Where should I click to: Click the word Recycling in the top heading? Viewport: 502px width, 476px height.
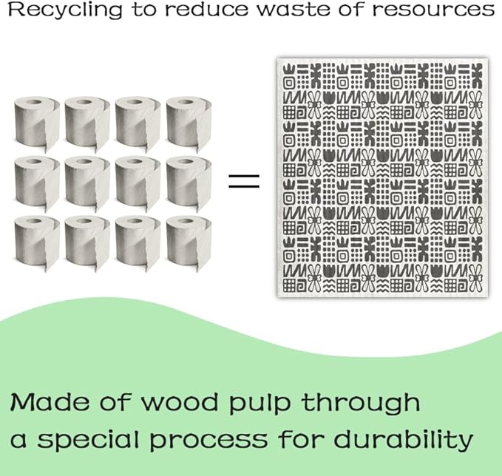pyautogui.click(x=65, y=10)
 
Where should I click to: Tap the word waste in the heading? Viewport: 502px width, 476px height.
pyautogui.click(x=294, y=10)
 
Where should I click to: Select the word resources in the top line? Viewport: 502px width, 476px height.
pyautogui.click(x=433, y=10)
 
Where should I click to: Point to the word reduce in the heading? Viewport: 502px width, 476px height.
pyautogui.click(x=206, y=10)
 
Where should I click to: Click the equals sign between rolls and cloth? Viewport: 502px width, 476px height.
pyautogui.click(x=244, y=181)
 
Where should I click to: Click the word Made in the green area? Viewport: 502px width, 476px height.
pyautogui.click(x=50, y=402)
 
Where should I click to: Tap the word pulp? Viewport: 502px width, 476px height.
pyautogui.click(x=260, y=404)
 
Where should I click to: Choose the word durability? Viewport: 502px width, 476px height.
pyautogui.click(x=404, y=440)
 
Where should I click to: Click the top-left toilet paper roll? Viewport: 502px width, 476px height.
pyautogui.click(x=37, y=123)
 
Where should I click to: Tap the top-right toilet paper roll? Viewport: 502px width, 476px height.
pyautogui.click(x=189, y=123)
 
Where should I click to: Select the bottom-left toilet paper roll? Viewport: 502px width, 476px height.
pyautogui.click(x=37, y=242)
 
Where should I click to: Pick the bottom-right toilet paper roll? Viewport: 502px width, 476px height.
pyautogui.click(x=189, y=242)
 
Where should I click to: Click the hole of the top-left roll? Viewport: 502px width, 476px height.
pyautogui.click(x=33, y=103)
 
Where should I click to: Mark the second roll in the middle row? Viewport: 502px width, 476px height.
pyautogui.click(x=87, y=183)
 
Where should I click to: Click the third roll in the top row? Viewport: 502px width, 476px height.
pyautogui.click(x=138, y=123)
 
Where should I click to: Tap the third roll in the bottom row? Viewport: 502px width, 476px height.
pyautogui.click(x=138, y=242)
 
